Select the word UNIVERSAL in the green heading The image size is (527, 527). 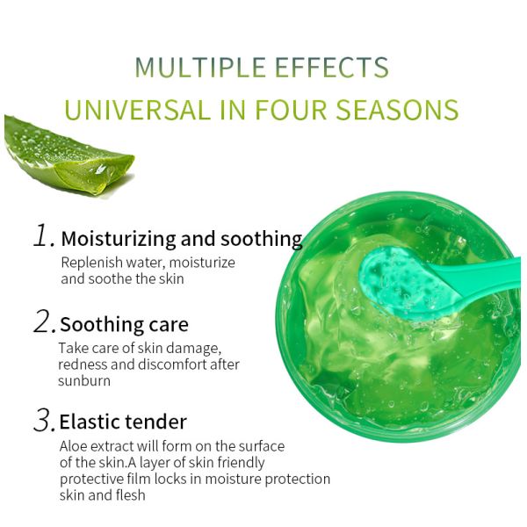(x=138, y=110)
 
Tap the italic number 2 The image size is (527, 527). (x=44, y=322)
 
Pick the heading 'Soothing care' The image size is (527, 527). (x=124, y=325)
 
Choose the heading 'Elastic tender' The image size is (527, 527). (x=123, y=422)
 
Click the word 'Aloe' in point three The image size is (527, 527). (x=74, y=446)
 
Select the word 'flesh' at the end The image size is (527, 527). (x=126, y=495)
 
